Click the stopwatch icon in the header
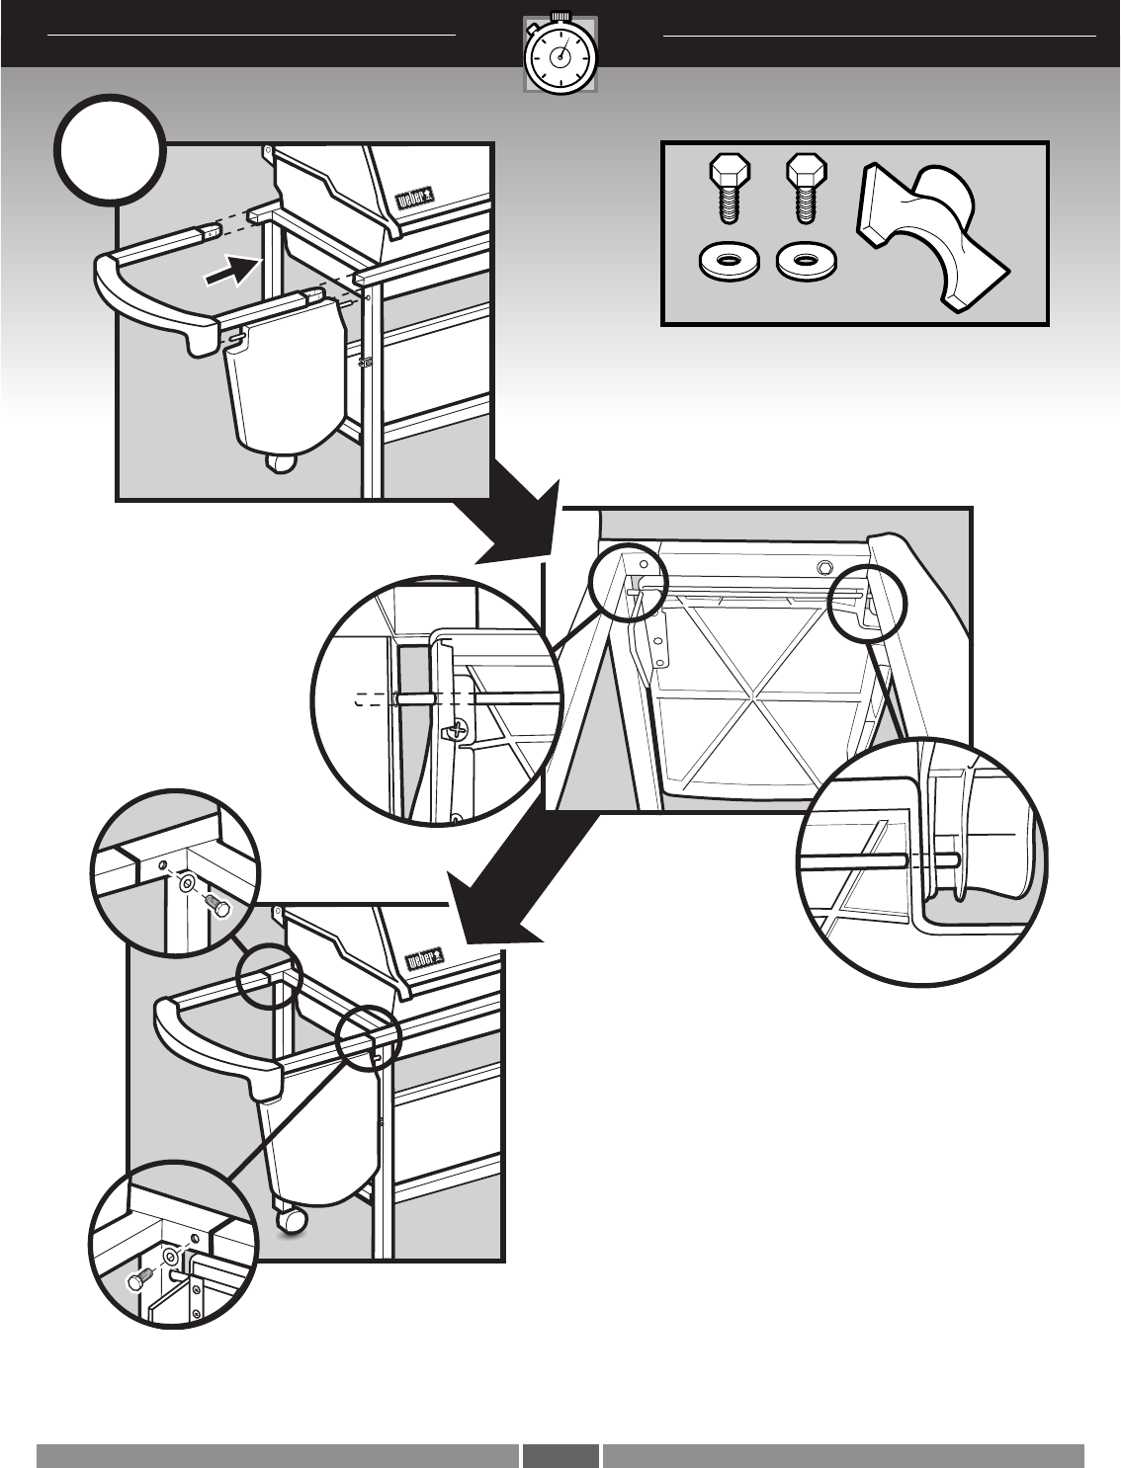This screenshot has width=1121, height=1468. [560, 54]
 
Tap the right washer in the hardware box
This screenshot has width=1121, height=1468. [805, 263]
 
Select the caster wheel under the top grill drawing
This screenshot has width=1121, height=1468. [283, 464]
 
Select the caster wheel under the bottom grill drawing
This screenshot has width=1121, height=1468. [293, 1222]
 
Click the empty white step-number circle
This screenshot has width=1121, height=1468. [110, 148]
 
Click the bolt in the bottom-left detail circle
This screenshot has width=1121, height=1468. [136, 1280]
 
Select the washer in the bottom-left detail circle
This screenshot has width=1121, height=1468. [170, 1258]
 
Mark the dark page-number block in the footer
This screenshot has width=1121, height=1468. [560, 1454]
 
